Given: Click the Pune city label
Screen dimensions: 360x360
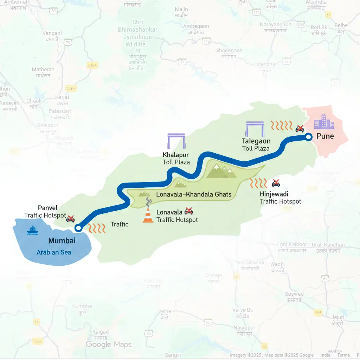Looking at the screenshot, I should pos(325,136).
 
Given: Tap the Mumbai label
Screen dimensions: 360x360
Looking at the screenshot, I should pos(62,241).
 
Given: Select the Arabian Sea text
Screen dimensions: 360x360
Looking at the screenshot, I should pos(54,252).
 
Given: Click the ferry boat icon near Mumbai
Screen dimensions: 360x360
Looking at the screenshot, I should pos(32,230).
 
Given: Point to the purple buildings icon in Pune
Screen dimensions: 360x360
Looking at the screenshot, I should pos(324,121).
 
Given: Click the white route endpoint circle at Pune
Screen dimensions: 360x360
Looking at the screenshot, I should pos(308,137).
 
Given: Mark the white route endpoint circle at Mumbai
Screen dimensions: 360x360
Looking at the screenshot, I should pos(78,228).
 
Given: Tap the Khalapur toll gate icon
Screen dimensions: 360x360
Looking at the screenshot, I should pos(176,142).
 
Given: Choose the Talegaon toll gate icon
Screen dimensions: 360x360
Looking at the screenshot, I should pos(255,129).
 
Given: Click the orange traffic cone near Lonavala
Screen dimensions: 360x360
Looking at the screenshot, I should pos(148,216).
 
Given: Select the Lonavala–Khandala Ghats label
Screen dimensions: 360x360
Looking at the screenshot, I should pos(194,194).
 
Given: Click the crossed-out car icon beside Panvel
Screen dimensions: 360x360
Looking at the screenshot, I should pos(70,219).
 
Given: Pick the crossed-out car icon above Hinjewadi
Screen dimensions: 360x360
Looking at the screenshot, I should pos(276,183).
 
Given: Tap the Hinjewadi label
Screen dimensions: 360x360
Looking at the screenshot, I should pos(274,194).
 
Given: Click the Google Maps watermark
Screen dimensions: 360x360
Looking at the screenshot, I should pos(109,344).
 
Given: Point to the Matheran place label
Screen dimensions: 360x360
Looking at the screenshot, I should pos(43,70).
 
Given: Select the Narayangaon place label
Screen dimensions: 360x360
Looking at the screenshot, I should pos(276,25).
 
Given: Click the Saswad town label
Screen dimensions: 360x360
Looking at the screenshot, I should pos(294,294).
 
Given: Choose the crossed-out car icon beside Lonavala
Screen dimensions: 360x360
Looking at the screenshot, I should pos(189,211).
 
